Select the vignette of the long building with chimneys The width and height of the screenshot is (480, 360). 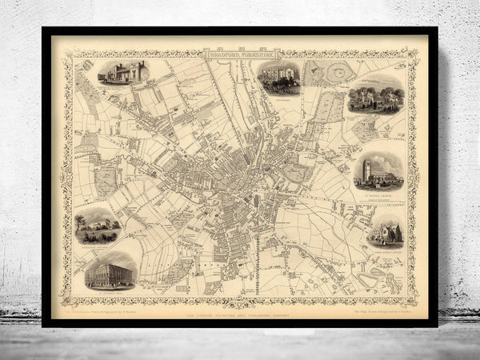click(x=123, y=73)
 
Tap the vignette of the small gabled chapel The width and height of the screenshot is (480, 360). click(x=386, y=230)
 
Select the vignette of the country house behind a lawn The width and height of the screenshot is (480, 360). click(x=98, y=226)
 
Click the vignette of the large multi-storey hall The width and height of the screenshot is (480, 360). click(x=110, y=270)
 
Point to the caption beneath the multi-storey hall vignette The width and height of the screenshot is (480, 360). click(x=110, y=289)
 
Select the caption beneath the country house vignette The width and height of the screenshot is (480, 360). click(x=98, y=245)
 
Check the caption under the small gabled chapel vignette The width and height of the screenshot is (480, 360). click(x=386, y=246)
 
